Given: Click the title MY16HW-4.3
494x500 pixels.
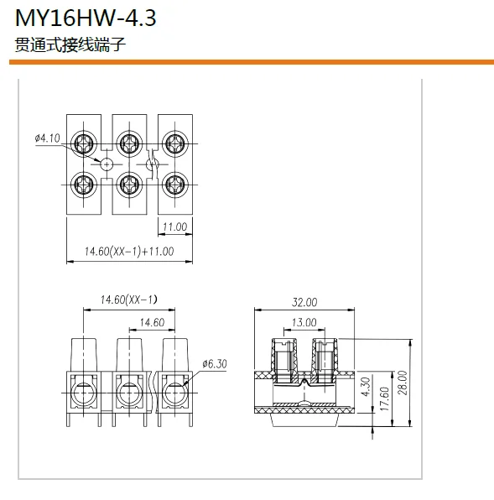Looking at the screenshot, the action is [86, 18].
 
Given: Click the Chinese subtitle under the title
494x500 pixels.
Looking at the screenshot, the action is [70, 44].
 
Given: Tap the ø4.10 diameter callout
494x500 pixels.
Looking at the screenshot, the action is [48, 138].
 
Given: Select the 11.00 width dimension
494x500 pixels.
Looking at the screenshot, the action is [175, 227].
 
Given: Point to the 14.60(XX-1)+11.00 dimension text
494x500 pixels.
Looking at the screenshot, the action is [129, 252].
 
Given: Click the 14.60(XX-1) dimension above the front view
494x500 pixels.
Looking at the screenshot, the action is [129, 299].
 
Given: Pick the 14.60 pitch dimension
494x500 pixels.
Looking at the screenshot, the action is [152, 322].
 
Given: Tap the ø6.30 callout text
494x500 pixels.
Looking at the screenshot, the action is [215, 364].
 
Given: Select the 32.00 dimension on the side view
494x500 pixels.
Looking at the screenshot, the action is [304, 302].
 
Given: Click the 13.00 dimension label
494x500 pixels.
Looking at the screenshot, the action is [304, 322].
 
